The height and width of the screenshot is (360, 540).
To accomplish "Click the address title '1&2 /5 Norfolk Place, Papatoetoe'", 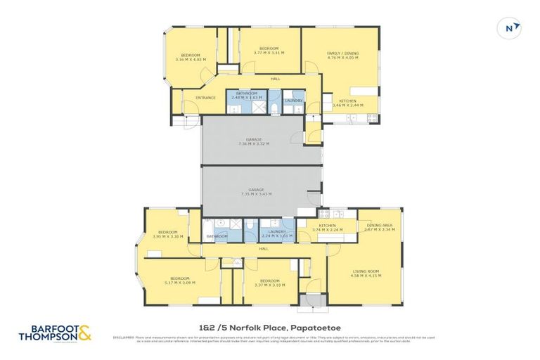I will coord(269,327).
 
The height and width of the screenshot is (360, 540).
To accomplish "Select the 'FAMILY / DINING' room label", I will coord(342,53).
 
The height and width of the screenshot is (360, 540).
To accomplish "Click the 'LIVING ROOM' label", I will coord(365,271).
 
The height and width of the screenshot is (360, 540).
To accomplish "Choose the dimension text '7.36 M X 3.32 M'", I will coord(254,143).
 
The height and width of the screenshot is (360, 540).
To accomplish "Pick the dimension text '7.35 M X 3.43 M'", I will coord(256,193).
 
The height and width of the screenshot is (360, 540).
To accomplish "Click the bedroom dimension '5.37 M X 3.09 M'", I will coord(179,282).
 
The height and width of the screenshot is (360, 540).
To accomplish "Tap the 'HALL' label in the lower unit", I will coord(264,248).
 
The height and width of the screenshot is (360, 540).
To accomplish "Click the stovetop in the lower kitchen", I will coord(324,212).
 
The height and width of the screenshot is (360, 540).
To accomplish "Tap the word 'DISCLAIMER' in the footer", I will coord(124,337).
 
